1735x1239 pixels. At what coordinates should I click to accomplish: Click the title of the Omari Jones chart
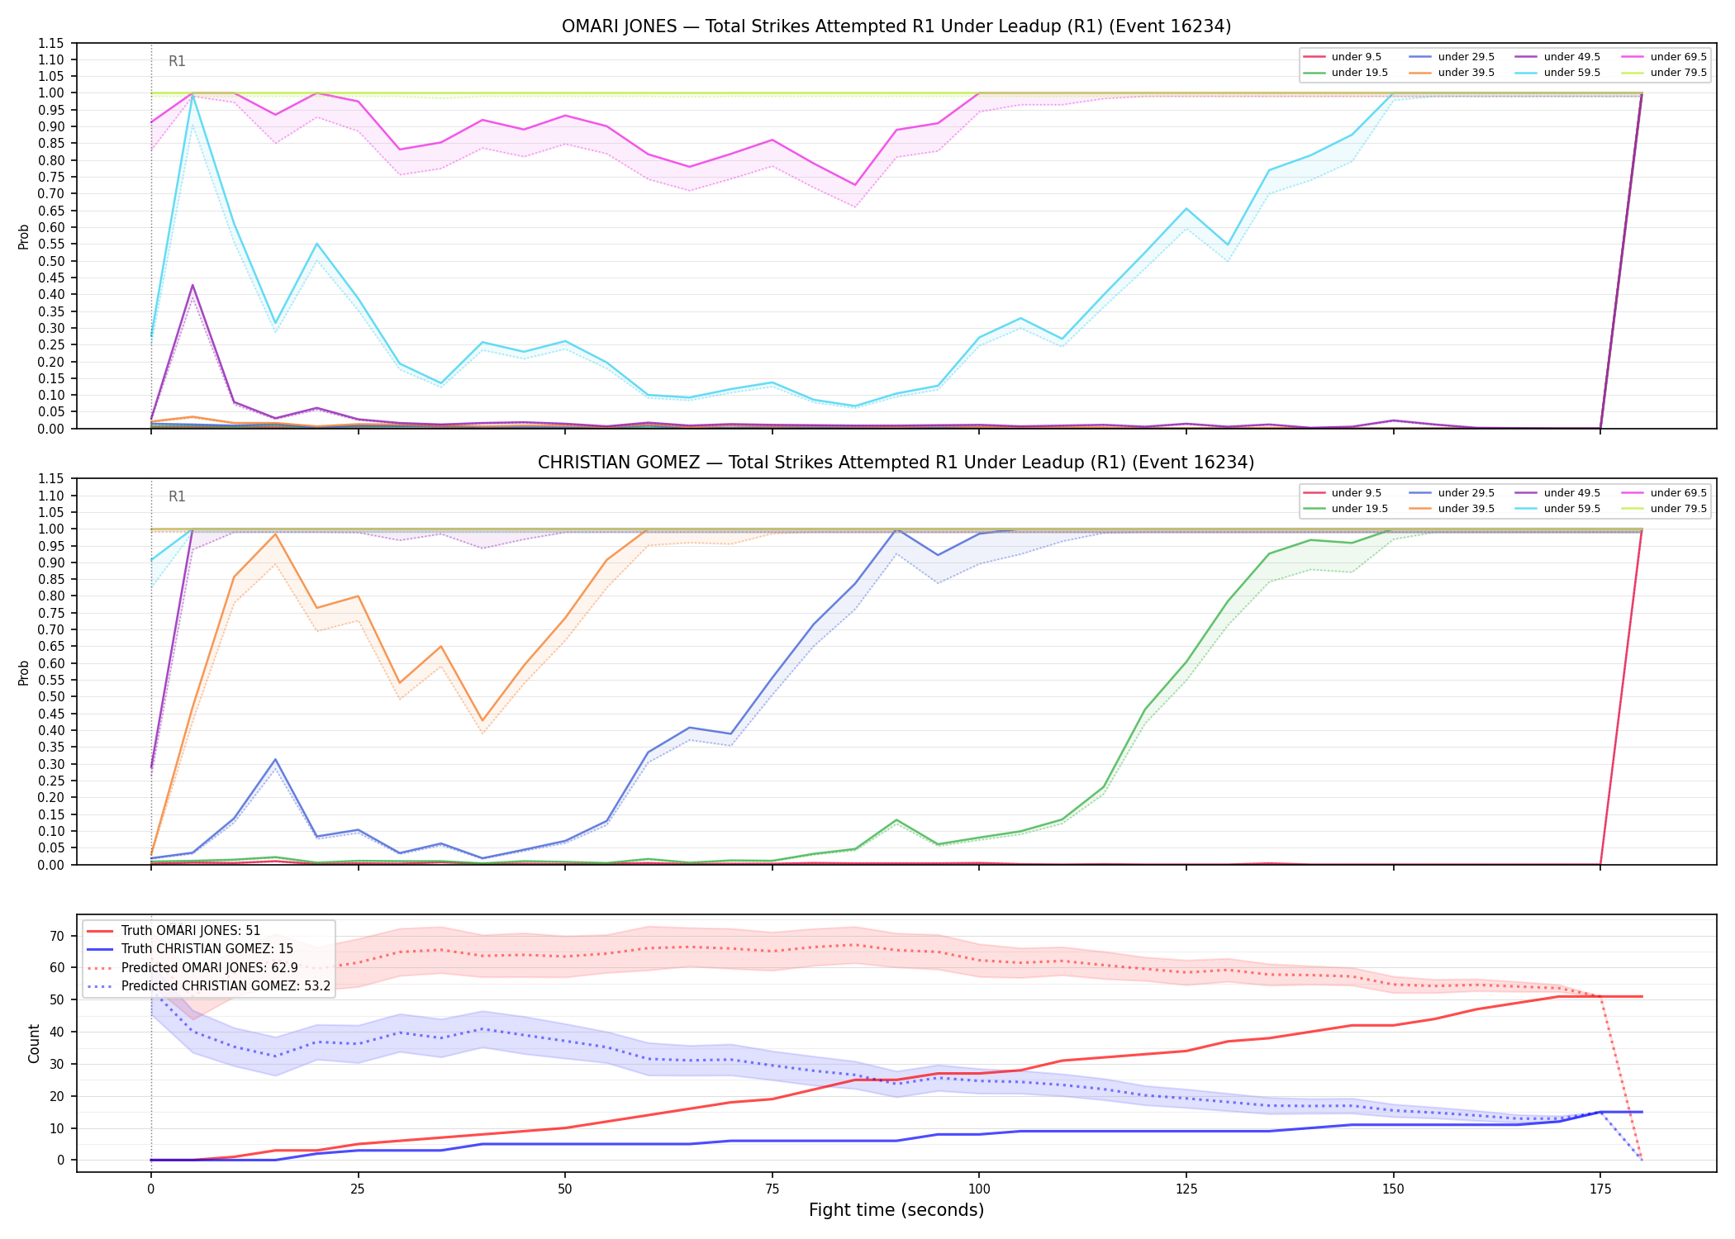point(896,26)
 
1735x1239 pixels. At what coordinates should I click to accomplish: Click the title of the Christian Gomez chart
point(896,463)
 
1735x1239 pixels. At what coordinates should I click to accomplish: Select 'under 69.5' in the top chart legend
point(1678,57)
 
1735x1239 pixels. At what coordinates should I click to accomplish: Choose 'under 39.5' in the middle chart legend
point(1466,509)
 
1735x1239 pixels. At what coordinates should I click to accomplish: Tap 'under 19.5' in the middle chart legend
point(1359,509)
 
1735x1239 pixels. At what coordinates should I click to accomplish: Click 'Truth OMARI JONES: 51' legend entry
point(190,931)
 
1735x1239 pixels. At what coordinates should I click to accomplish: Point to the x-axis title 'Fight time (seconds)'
point(896,1210)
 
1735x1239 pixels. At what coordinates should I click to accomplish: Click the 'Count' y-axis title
point(34,1043)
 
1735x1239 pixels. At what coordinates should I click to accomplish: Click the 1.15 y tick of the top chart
point(52,43)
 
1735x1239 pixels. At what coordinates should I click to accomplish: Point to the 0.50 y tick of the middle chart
point(52,696)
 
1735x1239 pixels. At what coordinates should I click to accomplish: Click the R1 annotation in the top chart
point(177,61)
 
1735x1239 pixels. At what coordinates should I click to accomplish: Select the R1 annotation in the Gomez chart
point(177,496)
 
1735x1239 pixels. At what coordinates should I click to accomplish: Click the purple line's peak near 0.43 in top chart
point(193,285)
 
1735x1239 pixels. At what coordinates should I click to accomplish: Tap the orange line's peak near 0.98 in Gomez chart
point(275,534)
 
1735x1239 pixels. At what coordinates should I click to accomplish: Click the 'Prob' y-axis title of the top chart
point(24,236)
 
